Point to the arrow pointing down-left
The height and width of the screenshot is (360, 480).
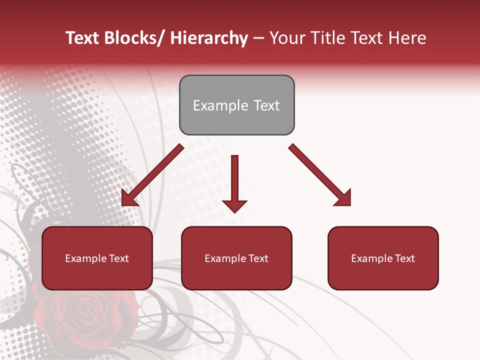[152, 175]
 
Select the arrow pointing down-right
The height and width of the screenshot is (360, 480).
[320, 175]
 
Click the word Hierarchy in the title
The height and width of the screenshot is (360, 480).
[209, 38]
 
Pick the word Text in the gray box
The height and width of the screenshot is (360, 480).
[265, 105]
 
